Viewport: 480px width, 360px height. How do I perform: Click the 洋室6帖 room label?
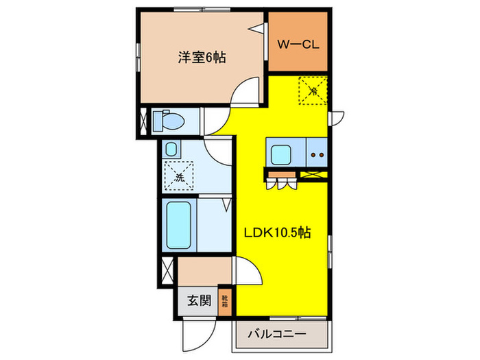pyautogui.click(x=203, y=58)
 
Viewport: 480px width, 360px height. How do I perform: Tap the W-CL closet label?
pyautogui.click(x=296, y=45)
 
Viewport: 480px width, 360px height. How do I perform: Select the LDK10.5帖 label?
pyautogui.click(x=278, y=232)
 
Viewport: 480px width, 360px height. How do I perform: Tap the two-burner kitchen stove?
pyautogui.click(x=317, y=154)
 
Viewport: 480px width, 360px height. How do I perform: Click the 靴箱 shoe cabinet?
pyautogui.click(x=226, y=301)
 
